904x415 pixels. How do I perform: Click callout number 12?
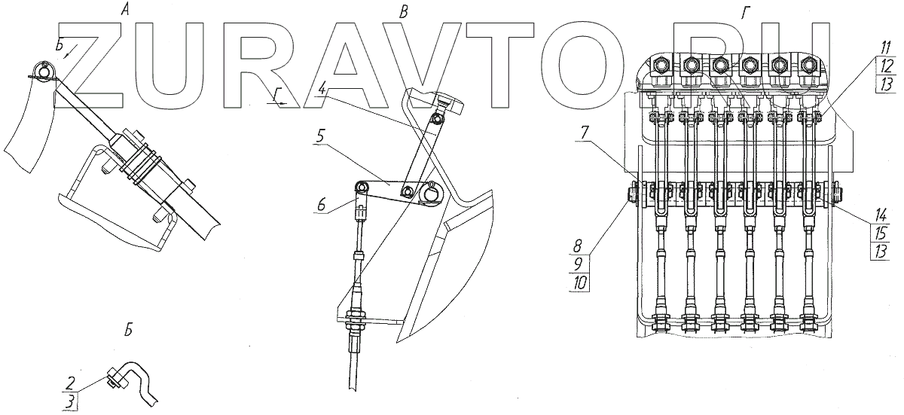coord(884,65)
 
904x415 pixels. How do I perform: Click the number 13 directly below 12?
coord(884,83)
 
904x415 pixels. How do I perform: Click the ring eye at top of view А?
coord(44,72)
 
